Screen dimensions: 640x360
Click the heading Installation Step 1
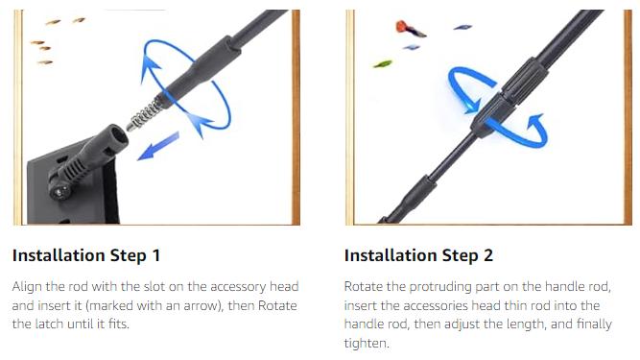tap(86, 256)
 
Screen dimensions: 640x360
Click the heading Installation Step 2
tap(418, 256)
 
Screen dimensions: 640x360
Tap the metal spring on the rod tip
tap(144, 114)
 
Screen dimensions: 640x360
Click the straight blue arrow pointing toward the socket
tap(158, 146)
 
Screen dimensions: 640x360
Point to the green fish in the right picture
tap(383, 64)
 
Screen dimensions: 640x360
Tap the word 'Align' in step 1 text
tap(27, 287)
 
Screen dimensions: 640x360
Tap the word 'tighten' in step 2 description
tap(364, 343)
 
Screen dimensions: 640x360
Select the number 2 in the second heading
tap(488, 255)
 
